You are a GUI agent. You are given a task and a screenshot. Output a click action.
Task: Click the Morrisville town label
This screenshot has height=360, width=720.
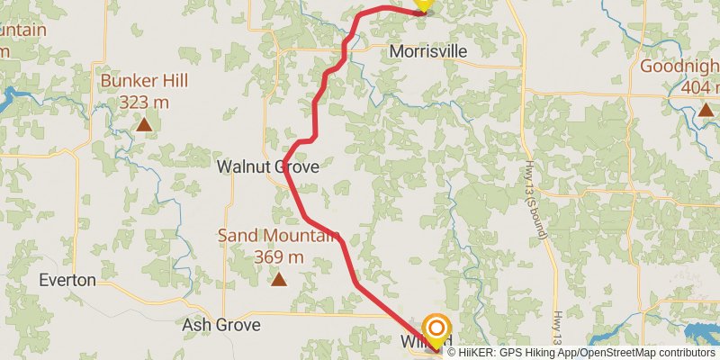click(x=428, y=52)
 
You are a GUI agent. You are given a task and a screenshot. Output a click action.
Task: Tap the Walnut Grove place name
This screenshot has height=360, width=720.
click(x=267, y=167)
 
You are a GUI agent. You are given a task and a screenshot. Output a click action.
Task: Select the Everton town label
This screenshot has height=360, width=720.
click(x=67, y=280)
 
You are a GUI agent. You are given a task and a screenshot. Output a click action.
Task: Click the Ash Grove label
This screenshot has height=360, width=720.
click(x=220, y=325)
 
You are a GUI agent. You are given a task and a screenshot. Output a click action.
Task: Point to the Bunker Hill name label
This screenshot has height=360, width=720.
click(x=144, y=81)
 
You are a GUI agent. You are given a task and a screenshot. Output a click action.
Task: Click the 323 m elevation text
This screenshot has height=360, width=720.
click(x=144, y=102)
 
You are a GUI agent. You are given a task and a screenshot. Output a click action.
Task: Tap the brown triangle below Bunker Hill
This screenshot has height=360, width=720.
click(x=144, y=124)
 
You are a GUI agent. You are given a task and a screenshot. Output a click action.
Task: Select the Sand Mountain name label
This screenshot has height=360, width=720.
click(x=277, y=237)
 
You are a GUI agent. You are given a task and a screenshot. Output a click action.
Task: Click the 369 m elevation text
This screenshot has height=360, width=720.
click(x=278, y=257)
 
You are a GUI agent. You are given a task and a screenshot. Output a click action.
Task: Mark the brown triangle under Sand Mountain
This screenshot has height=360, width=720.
click(x=279, y=280)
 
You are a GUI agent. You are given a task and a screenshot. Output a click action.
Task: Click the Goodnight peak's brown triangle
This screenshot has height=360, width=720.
click(x=706, y=110)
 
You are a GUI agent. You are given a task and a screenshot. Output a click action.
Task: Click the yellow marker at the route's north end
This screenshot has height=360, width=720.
click(x=423, y=4)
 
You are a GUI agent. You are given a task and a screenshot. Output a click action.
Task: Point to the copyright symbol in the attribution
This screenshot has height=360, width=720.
click(x=452, y=353)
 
